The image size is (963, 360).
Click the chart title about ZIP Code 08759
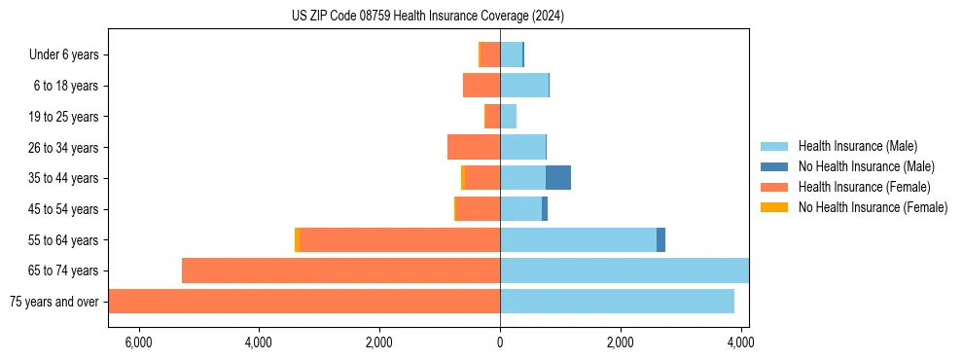click(x=427, y=16)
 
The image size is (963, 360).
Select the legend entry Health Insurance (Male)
click(x=857, y=146)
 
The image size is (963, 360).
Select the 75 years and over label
click(x=54, y=302)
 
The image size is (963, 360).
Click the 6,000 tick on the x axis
click(x=138, y=342)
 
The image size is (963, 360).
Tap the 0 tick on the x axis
click(x=500, y=342)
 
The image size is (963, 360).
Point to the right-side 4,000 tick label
click(x=740, y=342)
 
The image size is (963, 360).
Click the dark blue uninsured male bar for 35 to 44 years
click(x=558, y=178)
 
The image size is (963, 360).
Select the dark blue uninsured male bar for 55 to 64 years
click(x=660, y=240)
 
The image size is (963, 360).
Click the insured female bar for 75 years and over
click(x=304, y=302)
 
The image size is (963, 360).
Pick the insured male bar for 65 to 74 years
click(x=624, y=270)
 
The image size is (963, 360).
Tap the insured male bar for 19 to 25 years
click(x=508, y=117)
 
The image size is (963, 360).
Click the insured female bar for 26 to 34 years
click(x=474, y=147)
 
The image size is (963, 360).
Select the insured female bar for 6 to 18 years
click(x=481, y=86)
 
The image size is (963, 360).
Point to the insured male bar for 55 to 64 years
click(x=578, y=240)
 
